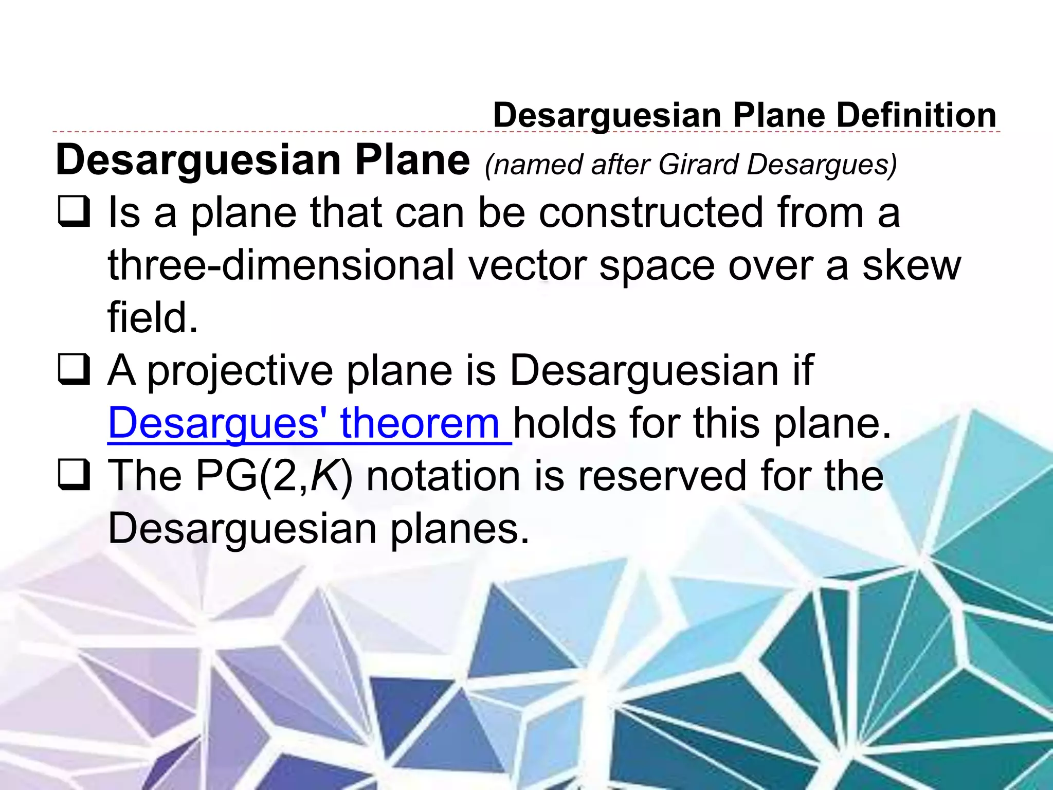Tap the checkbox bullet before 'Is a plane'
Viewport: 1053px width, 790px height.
[74, 212]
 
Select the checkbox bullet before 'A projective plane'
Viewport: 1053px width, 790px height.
[74, 370]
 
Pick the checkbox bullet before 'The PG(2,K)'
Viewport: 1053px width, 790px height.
[74, 476]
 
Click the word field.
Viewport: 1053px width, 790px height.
[153, 318]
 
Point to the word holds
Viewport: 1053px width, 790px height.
[565, 423]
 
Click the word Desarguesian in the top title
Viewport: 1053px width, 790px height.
[607, 115]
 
